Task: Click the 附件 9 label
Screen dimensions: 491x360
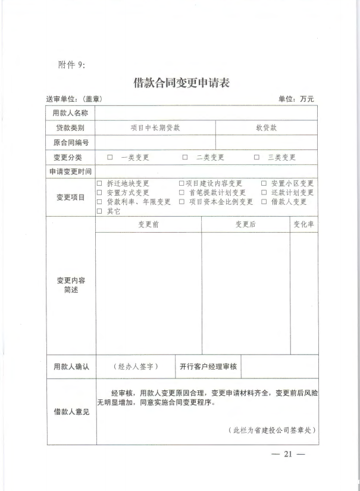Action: coord(72,65)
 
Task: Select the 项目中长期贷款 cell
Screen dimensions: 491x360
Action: coord(155,127)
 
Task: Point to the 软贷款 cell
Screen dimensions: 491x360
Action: coord(266,127)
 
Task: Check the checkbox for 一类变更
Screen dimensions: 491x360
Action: coord(110,158)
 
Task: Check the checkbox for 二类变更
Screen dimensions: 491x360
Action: coord(185,158)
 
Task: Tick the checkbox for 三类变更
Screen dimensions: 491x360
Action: coord(256,158)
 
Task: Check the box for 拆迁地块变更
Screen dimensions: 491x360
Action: coord(99,184)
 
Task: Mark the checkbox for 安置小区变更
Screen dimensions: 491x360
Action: coord(264,184)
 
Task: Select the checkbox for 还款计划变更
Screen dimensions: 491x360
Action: coord(264,193)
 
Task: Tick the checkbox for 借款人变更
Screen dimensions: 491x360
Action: coord(264,202)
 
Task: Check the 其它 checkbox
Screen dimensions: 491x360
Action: coord(99,211)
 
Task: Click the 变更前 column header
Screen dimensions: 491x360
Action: coord(148,224)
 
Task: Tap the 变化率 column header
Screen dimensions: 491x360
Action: coord(303,224)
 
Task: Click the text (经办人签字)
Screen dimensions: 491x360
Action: coord(135,367)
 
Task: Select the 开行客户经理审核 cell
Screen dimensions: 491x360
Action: coord(208,367)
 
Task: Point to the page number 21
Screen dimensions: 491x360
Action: coord(288,455)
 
